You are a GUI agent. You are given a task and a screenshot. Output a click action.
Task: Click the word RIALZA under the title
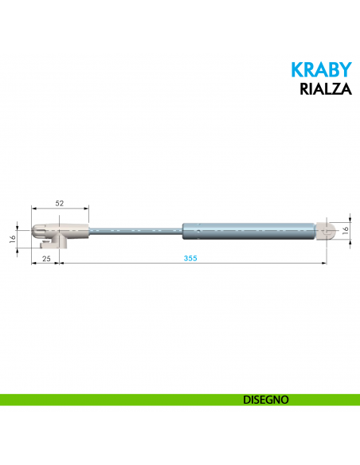324,88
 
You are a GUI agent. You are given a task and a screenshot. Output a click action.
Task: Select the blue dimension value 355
190,259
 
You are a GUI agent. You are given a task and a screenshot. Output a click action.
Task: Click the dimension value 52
60,204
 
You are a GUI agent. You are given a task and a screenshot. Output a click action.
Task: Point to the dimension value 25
45,259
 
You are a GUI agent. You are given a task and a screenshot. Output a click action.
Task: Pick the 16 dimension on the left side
14,238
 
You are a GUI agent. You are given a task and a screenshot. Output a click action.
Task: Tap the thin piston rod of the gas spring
135,231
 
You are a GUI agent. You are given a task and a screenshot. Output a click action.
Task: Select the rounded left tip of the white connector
36,231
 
